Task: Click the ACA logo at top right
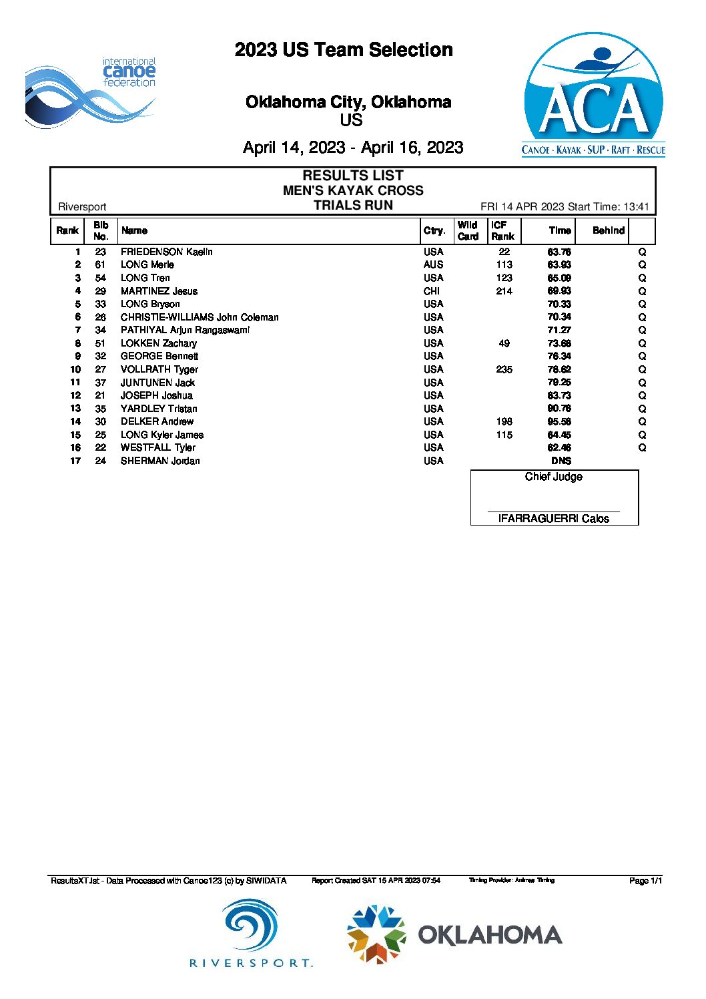click(593, 95)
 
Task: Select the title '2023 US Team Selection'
click(344, 50)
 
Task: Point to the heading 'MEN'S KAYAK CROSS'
click(353, 190)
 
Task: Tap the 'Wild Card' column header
click(468, 230)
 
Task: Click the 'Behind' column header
click(608, 230)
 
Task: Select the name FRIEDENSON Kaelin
click(167, 252)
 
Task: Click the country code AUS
click(433, 264)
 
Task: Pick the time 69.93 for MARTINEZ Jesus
click(559, 290)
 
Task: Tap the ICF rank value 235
click(504, 369)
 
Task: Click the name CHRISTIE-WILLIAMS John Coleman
click(200, 317)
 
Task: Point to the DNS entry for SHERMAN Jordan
click(561, 461)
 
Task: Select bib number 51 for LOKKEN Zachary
click(100, 343)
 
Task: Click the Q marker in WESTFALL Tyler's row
click(642, 447)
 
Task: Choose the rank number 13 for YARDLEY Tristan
click(75, 409)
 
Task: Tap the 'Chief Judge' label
click(553, 477)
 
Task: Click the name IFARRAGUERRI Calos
click(553, 519)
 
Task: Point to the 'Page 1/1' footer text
click(645, 881)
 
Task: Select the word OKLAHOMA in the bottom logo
click(490, 935)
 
